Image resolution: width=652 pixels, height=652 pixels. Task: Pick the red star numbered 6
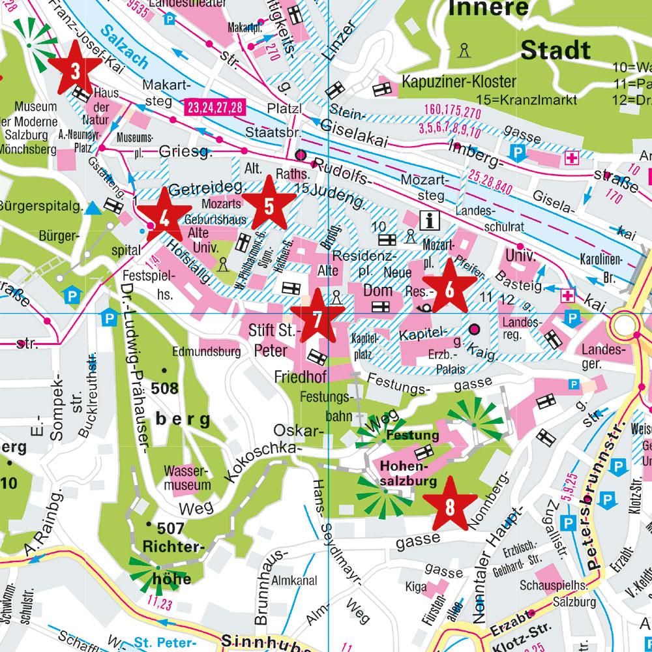449,286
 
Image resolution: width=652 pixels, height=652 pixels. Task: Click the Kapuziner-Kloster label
458,83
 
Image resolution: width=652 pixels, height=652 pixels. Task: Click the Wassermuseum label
188,478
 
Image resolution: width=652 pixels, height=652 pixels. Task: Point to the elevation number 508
164,389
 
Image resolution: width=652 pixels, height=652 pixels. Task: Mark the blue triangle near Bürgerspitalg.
95,208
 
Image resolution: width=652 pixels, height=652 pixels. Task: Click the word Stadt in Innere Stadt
556,50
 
